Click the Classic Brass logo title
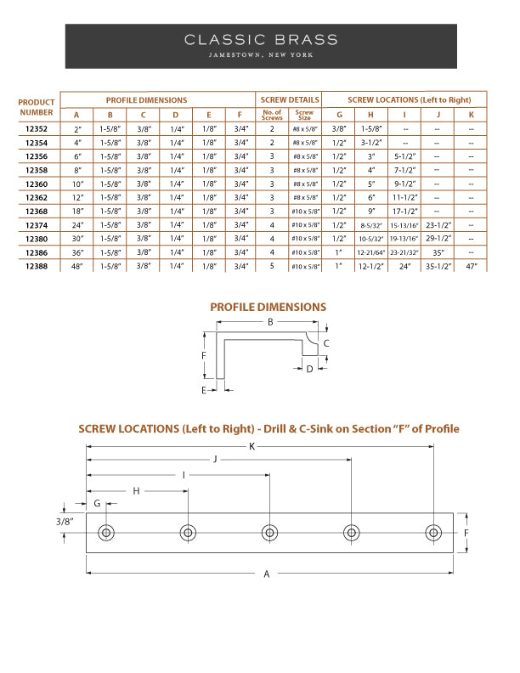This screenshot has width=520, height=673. coord(260,39)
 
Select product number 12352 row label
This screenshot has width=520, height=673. coord(37,129)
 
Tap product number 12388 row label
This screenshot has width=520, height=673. coord(37,266)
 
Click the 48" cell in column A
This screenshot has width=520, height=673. coord(77,266)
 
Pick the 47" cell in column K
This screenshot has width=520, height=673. coord(471,266)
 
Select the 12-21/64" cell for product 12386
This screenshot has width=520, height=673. coord(370,252)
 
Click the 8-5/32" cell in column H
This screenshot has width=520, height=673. coord(370,225)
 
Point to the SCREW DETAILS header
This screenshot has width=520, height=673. coord(289,99)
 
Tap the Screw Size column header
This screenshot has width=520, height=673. coord(304,114)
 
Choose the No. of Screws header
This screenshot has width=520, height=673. coord(272,114)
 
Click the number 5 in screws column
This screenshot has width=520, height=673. coord(272,266)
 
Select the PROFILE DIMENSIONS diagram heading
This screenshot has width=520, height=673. coord(268,307)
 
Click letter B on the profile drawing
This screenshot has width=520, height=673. coord(270,322)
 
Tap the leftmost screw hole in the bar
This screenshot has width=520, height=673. coord(106,533)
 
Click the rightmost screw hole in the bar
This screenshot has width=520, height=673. coord(433,533)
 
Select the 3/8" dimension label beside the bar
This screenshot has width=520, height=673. coord(65,521)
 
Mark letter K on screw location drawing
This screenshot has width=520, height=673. coord(252,446)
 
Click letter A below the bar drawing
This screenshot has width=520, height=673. coord(267,574)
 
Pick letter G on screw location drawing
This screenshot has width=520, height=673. coord(98,503)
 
